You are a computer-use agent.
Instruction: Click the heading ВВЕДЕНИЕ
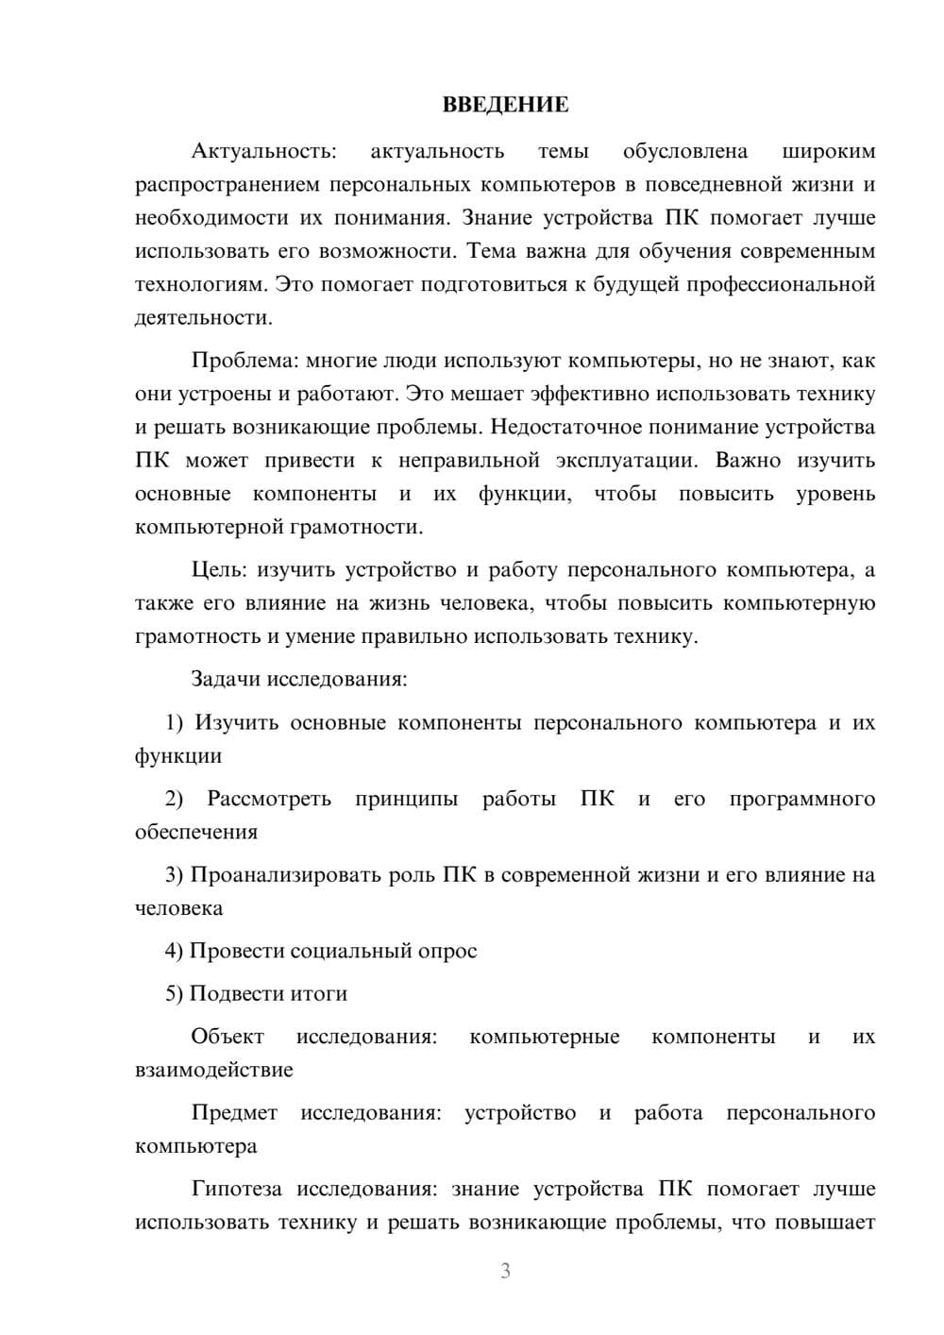[x=505, y=105]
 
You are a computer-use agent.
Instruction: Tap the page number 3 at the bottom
[x=505, y=1271]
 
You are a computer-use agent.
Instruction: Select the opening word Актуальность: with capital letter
[x=262, y=151]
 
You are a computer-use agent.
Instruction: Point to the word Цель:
[x=219, y=570]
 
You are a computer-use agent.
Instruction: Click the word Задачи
[x=226, y=679]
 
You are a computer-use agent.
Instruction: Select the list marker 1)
[x=175, y=723]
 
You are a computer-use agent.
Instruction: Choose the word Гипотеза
[x=238, y=1190]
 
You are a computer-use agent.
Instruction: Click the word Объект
[x=228, y=1037]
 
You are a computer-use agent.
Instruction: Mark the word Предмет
[x=234, y=1113]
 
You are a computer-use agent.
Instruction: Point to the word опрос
[x=447, y=951]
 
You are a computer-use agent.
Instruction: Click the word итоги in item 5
[x=320, y=994]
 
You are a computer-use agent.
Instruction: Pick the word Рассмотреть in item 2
[x=269, y=799]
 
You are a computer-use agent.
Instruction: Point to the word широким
[x=829, y=151]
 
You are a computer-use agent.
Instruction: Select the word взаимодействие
[x=213, y=1071]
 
